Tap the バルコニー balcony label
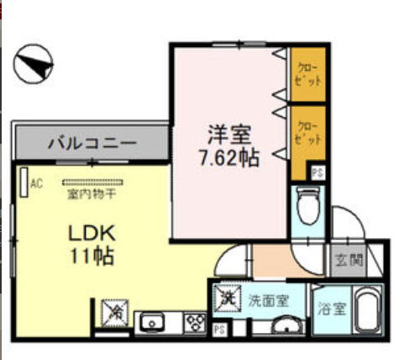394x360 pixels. click(91, 142)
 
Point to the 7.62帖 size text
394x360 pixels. click(228, 156)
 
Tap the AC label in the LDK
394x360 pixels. click(36, 183)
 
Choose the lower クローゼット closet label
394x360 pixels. click(308, 133)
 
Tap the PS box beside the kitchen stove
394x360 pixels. click(218, 329)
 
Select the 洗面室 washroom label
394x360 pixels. click(268, 299)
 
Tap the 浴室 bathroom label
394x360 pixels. click(328, 308)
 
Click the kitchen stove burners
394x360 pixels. click(196, 320)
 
